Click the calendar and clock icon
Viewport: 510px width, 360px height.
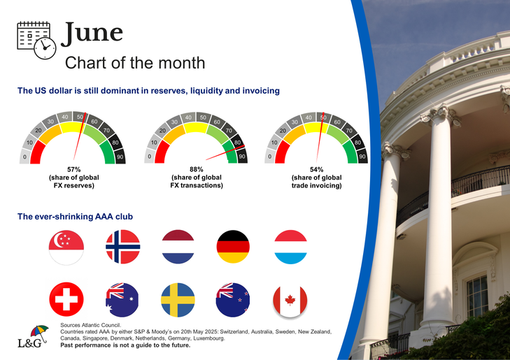pos(36,40)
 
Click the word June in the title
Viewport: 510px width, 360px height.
pos(92,33)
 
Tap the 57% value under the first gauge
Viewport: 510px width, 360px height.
pos(74,169)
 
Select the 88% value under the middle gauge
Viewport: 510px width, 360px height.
pos(197,169)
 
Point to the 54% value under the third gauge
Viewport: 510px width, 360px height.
pos(316,169)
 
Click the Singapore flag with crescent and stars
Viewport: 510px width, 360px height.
pos(66,247)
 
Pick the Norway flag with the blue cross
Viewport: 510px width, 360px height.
pos(123,247)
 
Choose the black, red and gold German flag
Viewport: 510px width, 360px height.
pos(233,247)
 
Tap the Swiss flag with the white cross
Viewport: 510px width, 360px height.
pos(66,299)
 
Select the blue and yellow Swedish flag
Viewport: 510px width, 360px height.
pos(178,300)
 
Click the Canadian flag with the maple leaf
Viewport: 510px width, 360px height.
pos(290,301)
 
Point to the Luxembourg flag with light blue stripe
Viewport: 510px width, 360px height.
pos(291,247)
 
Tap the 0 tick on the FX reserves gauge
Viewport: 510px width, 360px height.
pos(24,157)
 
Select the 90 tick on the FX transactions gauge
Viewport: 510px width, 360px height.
pos(242,157)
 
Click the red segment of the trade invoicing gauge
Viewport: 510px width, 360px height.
pos(281,152)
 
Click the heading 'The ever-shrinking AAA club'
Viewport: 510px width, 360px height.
pos(75,217)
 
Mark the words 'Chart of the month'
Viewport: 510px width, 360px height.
pos(135,63)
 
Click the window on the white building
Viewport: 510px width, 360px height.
pos(477,296)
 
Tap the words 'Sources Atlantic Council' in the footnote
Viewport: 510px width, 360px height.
pos(90,325)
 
